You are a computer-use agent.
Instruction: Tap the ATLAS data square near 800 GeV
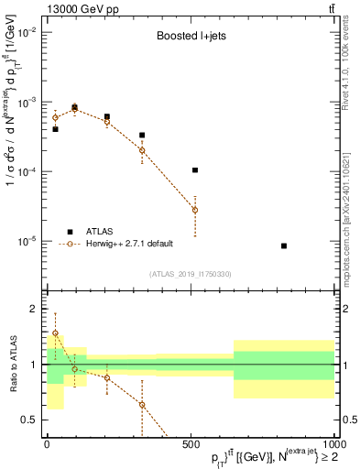284,245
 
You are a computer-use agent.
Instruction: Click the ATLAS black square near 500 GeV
195,170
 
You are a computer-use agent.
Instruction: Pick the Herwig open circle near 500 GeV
195,210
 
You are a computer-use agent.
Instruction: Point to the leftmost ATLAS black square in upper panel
55,129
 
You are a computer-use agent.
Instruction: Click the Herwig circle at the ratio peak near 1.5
55,333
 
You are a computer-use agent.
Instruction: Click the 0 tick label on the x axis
47,443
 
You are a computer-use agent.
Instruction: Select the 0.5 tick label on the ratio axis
29,420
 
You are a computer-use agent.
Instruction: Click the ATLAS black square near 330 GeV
142,136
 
